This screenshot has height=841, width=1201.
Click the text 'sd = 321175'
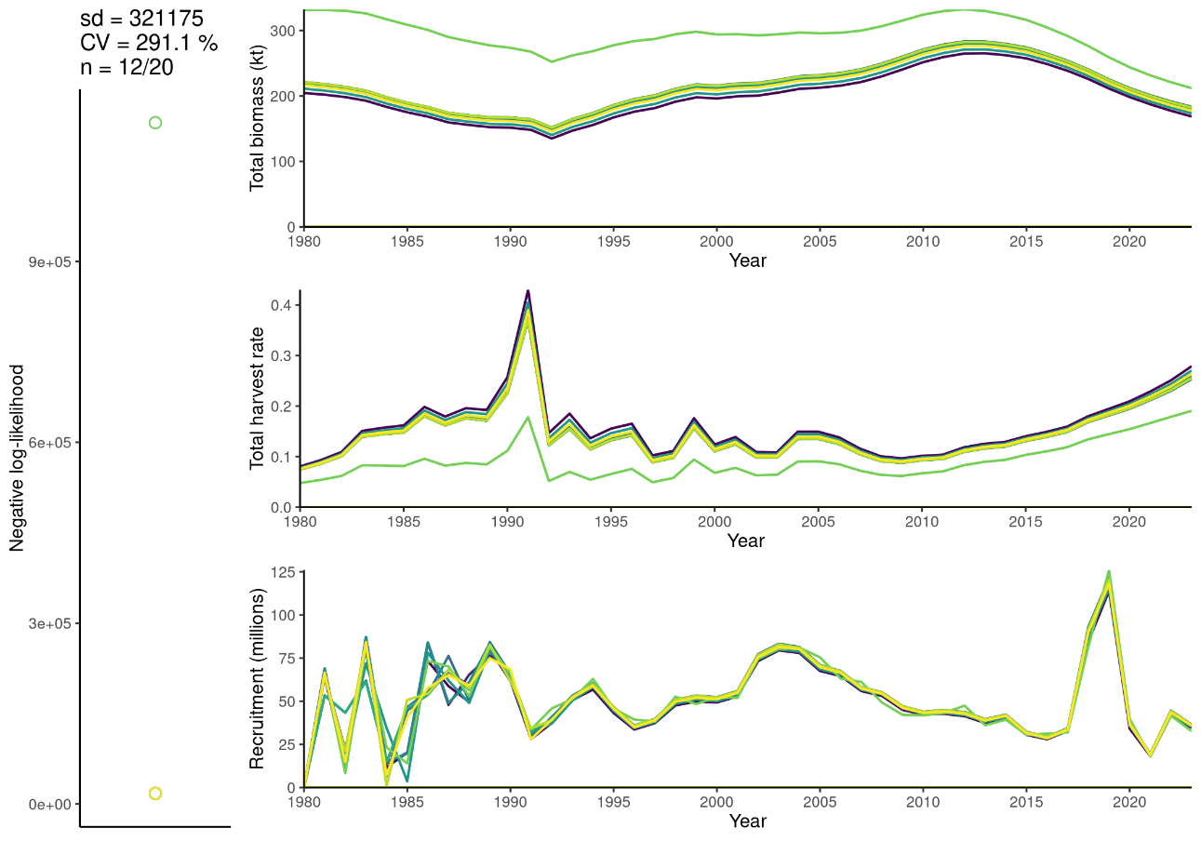tap(142, 19)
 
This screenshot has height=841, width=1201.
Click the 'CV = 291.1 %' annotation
tap(149, 43)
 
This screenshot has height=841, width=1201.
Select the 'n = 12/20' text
tap(127, 67)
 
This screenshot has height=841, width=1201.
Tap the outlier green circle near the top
tap(155, 123)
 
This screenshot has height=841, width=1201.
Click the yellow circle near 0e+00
tap(155, 793)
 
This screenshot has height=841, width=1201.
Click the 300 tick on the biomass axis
tap(282, 31)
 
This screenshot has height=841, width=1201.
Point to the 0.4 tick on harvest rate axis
tap(281, 305)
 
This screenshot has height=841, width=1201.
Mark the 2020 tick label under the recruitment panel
tap(1128, 801)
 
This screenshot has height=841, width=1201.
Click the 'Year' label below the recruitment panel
tap(747, 821)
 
